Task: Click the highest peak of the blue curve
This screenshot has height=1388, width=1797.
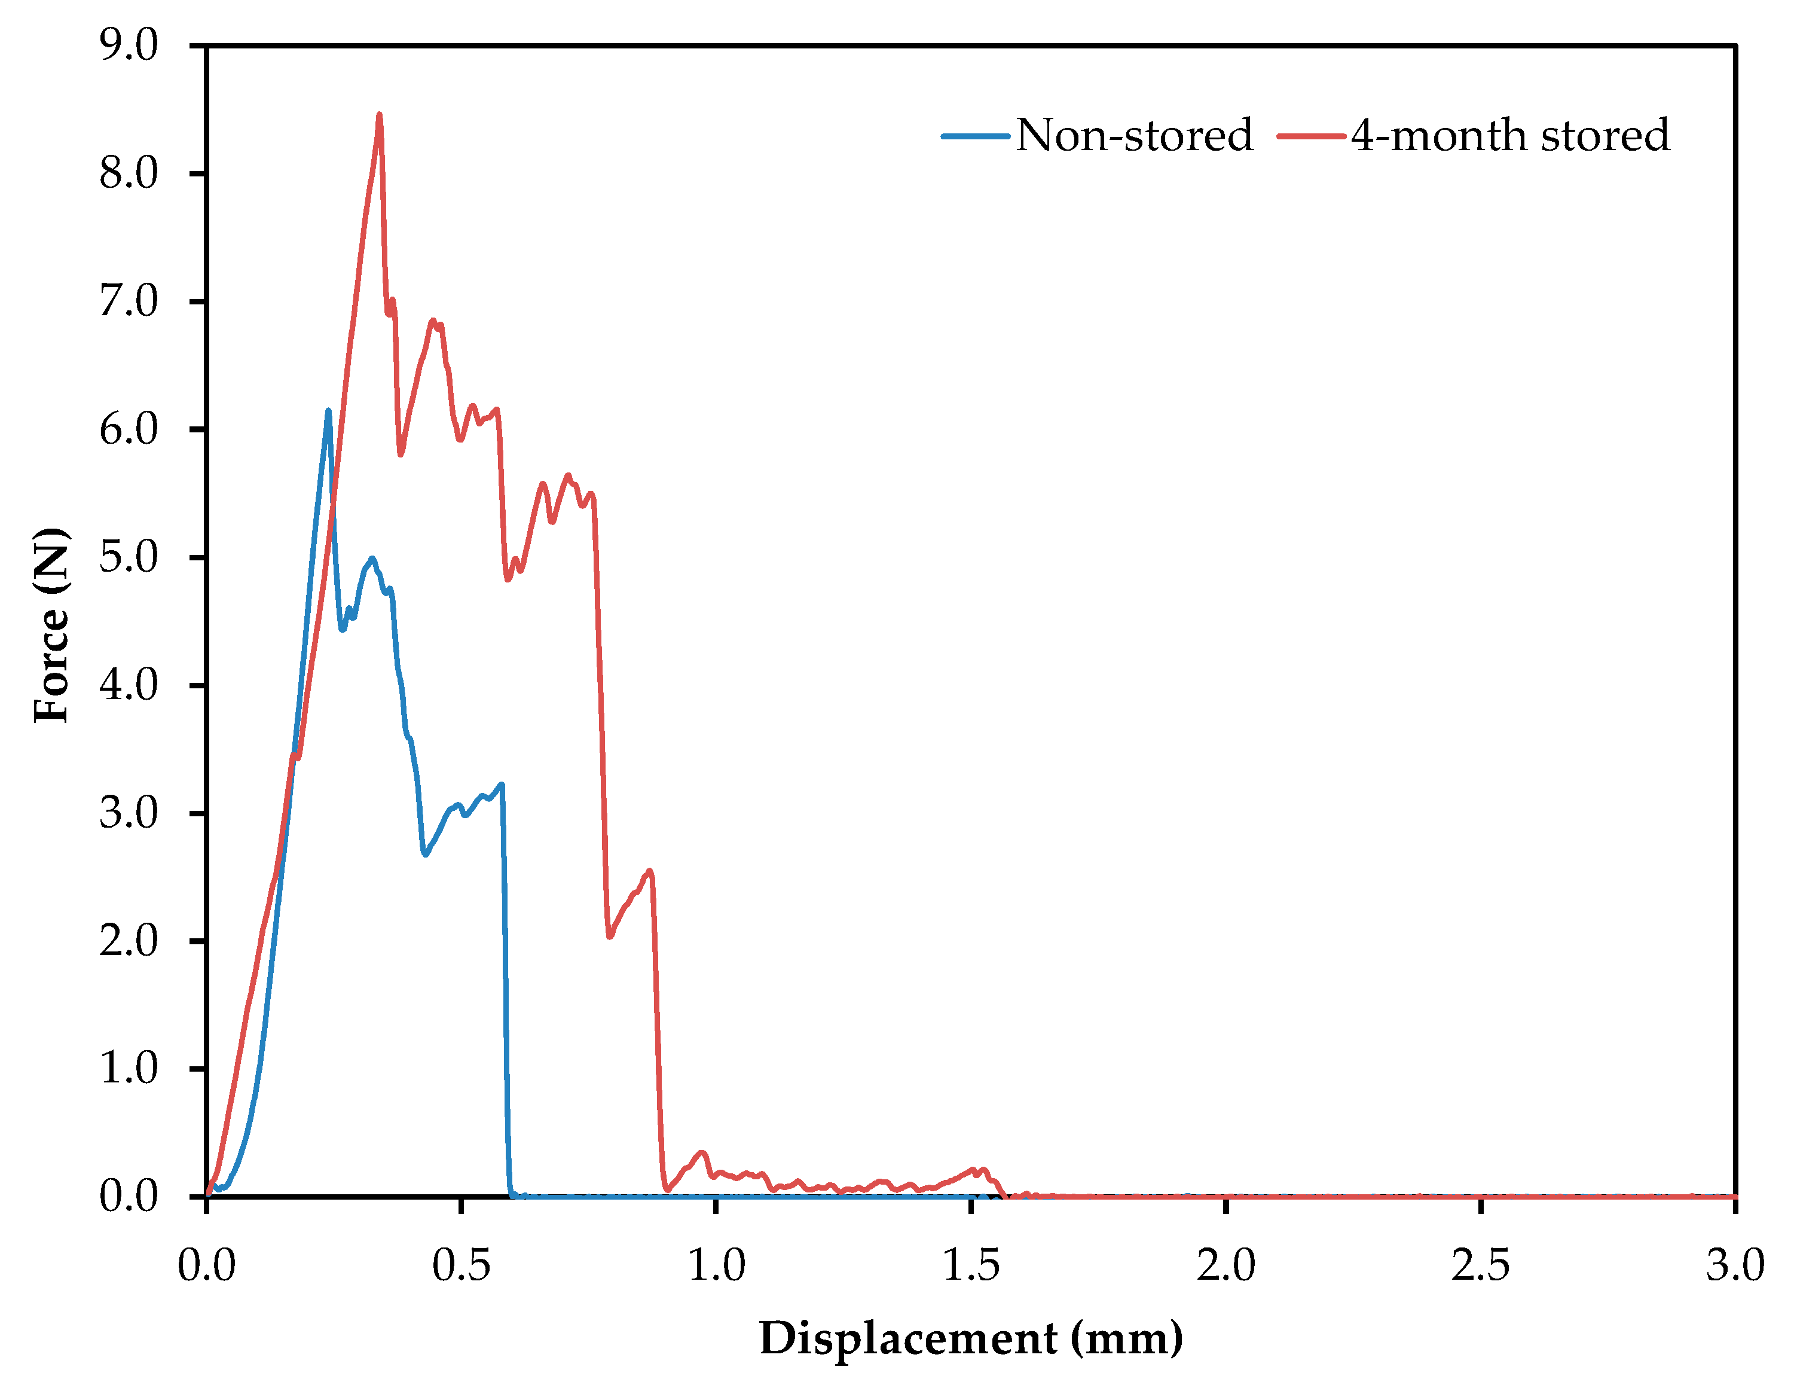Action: [328, 411]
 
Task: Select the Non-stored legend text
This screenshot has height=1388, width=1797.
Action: [1134, 135]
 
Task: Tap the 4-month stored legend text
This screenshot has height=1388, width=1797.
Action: [1510, 135]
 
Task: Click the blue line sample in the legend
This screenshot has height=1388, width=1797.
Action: [976, 136]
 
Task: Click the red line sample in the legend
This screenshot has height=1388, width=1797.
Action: [1312, 136]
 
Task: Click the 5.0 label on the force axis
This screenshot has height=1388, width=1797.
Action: [129, 557]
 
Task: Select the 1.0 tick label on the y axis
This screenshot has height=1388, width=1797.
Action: [129, 1069]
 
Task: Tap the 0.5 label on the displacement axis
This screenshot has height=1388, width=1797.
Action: [461, 1265]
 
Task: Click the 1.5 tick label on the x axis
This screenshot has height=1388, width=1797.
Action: [971, 1265]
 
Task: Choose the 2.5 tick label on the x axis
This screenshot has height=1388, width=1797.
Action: [1480, 1265]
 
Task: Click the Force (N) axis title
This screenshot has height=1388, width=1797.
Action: [51, 626]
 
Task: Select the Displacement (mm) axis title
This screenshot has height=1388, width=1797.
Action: [971, 1338]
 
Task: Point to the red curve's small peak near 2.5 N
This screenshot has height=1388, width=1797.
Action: [650, 871]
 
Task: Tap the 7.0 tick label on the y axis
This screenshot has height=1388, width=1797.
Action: [129, 301]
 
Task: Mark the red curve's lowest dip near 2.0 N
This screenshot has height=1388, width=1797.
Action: [610, 936]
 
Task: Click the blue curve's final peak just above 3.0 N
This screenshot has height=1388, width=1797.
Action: [501, 785]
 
